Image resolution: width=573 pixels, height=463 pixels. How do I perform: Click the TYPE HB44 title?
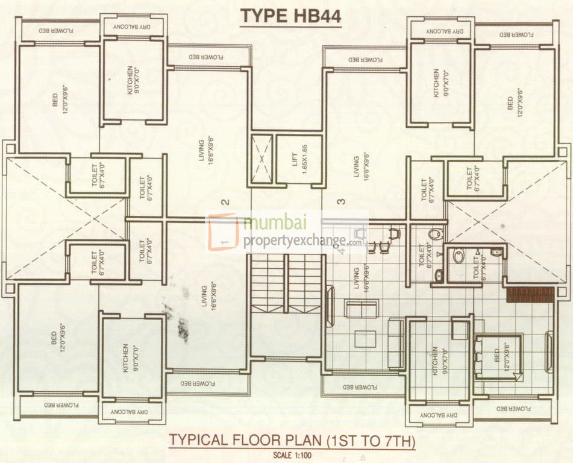[291, 17]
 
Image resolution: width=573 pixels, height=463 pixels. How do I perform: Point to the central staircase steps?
[287, 283]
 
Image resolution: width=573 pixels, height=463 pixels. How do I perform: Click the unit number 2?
[225, 203]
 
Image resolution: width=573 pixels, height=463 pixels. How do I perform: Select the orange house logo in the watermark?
[223, 231]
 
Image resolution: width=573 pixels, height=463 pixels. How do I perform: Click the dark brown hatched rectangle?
[530, 295]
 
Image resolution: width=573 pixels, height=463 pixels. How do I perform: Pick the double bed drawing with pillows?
[498, 356]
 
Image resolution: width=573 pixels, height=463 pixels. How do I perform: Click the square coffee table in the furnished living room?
[365, 339]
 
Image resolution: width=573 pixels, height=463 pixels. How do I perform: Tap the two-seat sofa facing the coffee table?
[361, 308]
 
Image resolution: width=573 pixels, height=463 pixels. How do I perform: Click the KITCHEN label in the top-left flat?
[131, 78]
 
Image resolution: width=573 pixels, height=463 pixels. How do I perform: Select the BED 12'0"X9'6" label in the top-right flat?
[513, 104]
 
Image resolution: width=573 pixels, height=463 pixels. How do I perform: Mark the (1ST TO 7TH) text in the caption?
[371, 441]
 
